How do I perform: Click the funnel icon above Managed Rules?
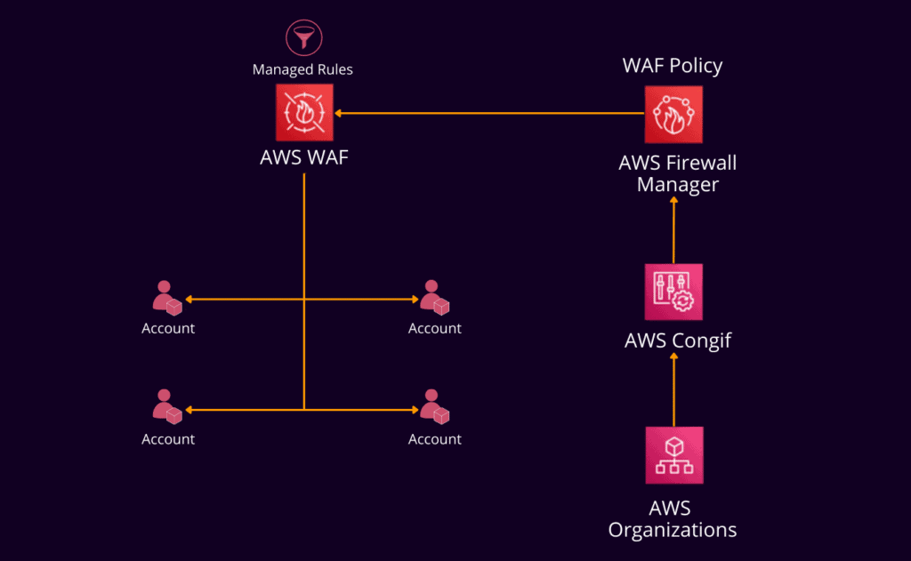click(302, 37)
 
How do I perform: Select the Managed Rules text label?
click(302, 69)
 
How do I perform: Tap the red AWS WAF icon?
click(304, 113)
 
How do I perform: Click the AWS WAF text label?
click(304, 158)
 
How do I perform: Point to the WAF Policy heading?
click(672, 66)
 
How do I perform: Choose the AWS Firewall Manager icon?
click(673, 114)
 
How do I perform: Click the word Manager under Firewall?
click(678, 184)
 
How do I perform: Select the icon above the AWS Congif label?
click(673, 292)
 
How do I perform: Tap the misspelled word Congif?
click(702, 341)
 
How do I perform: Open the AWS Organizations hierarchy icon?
click(673, 455)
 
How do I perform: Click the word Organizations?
click(673, 530)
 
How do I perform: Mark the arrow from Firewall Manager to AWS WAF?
click(489, 113)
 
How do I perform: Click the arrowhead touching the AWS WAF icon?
click(339, 113)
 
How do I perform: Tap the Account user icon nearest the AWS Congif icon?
click(433, 298)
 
